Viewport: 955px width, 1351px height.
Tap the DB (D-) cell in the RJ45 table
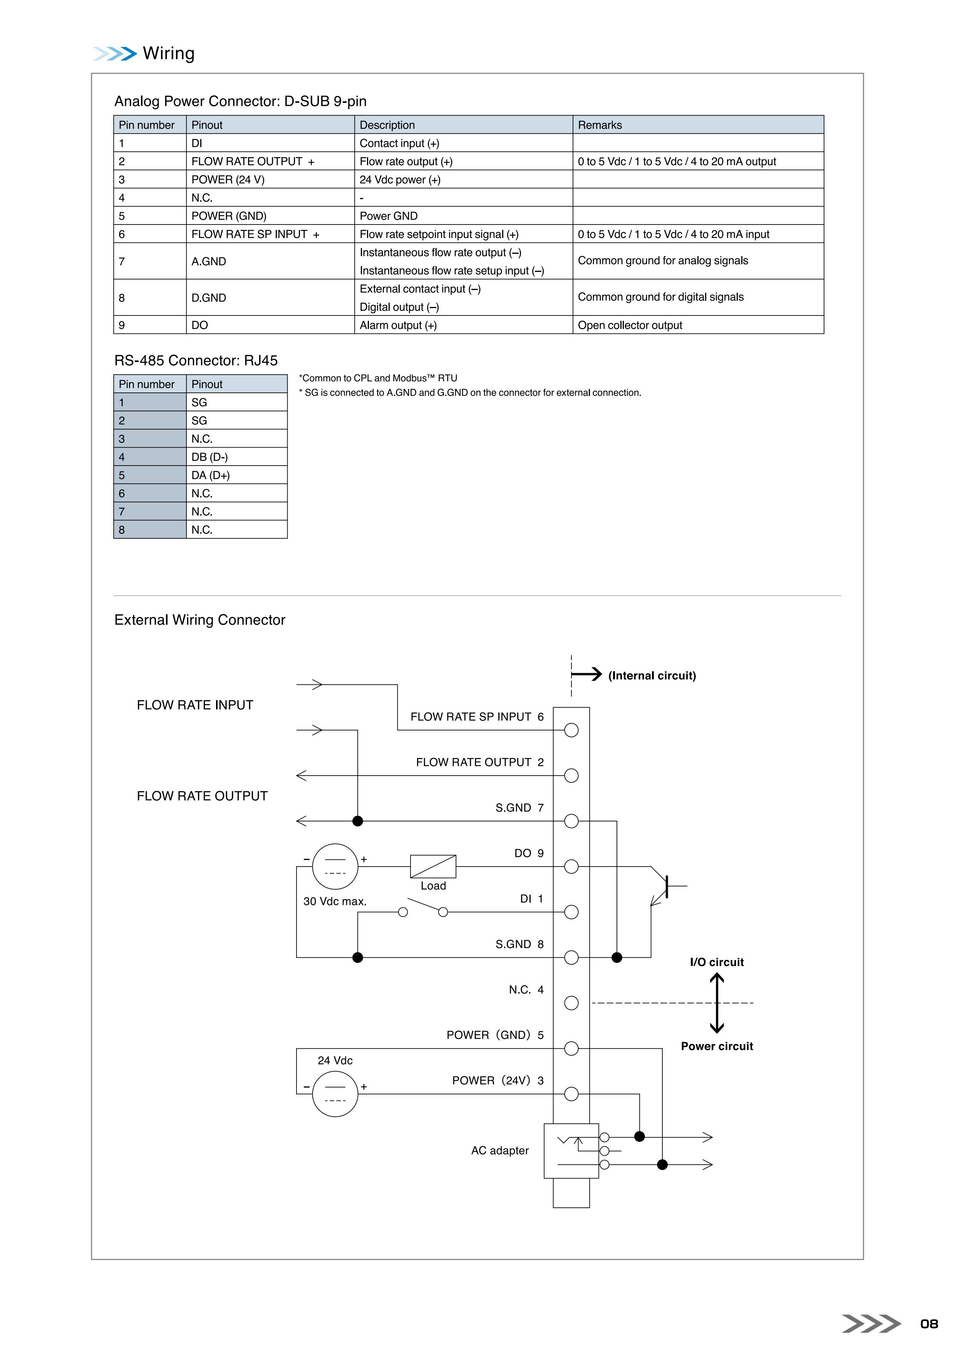point(236,457)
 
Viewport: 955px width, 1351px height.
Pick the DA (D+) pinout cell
point(236,475)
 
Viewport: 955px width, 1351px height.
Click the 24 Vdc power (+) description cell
point(463,179)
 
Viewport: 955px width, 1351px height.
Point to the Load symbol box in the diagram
point(433,866)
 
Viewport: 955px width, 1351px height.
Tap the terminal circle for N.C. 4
point(571,1002)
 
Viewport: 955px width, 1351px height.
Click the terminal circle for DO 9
point(571,866)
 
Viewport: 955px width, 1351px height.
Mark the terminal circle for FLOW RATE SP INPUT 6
point(571,730)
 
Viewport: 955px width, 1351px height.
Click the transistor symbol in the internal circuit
point(667,885)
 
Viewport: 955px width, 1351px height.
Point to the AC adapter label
point(499,1150)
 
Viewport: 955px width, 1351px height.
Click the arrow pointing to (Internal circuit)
point(586,674)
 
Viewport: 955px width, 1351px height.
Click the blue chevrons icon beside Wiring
point(115,54)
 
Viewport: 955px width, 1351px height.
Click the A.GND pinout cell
point(270,261)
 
